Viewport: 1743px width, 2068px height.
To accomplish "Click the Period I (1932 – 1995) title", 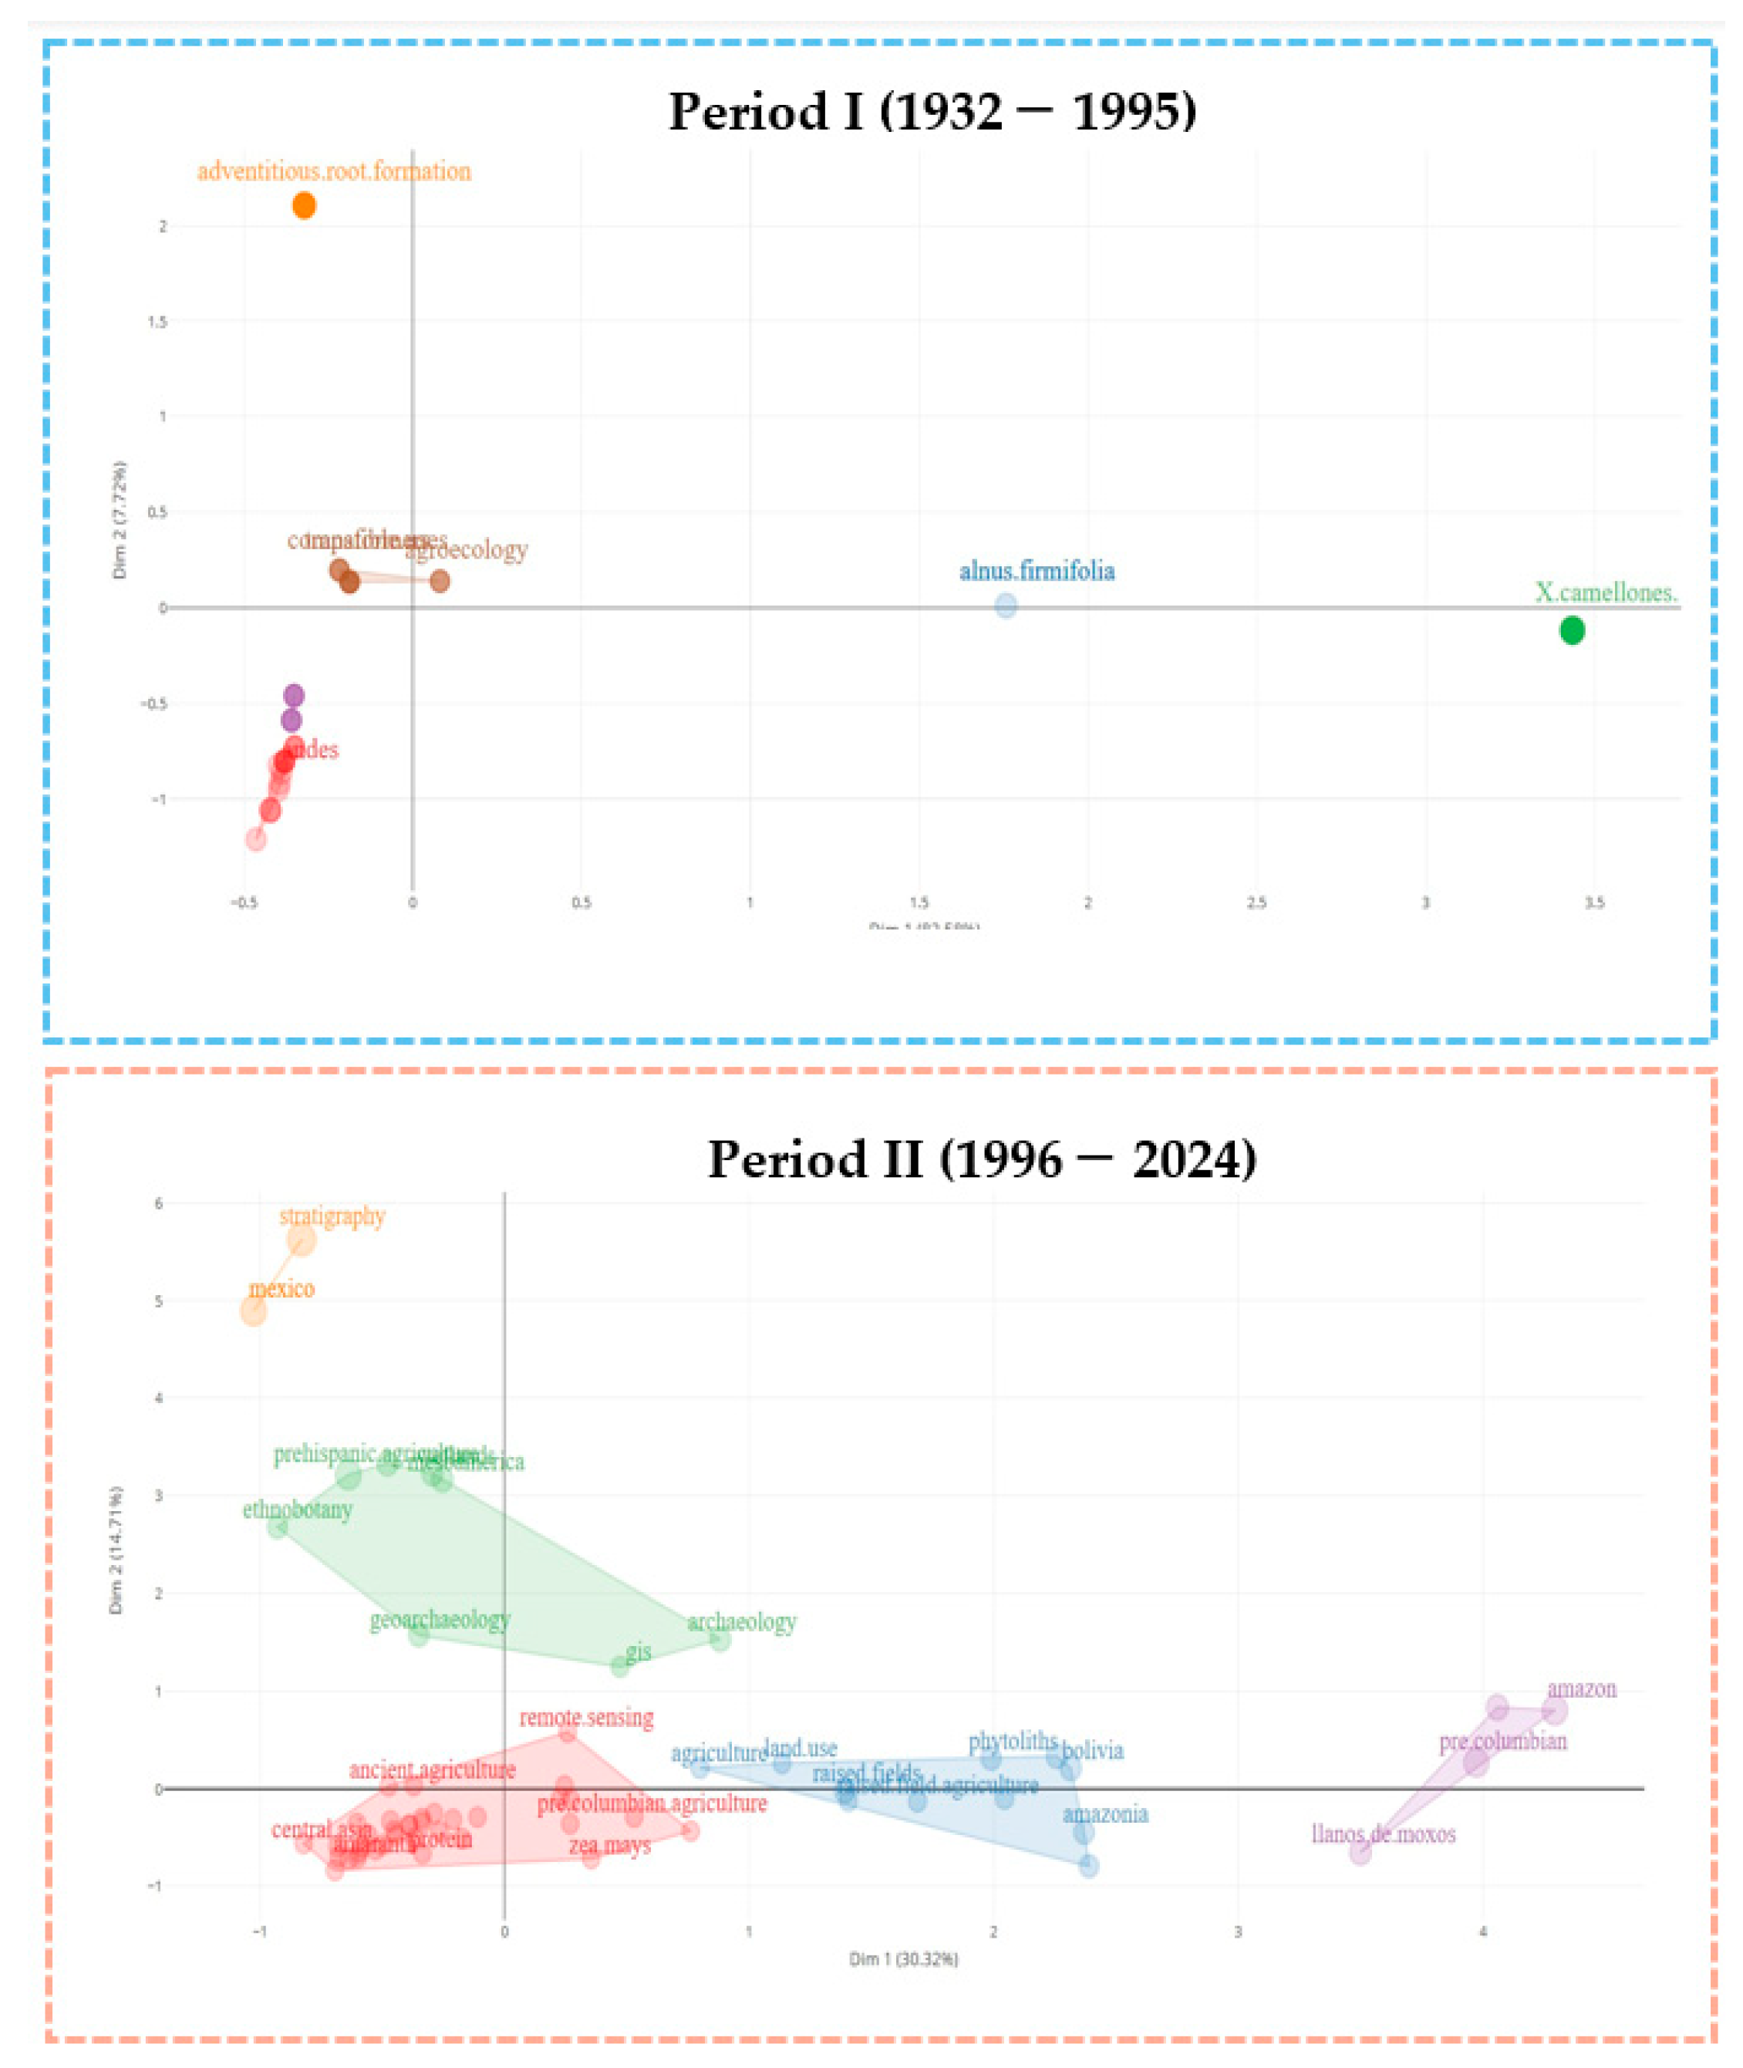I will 932,112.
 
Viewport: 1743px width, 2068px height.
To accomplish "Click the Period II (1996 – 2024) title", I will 981,1159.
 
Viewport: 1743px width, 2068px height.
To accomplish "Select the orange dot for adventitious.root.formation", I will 305,205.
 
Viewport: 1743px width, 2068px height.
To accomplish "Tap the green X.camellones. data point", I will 1571,630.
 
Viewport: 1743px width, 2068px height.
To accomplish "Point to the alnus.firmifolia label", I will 1037,571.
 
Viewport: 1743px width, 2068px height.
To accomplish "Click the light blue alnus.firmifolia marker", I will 1005,606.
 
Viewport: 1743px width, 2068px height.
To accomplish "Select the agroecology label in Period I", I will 467,549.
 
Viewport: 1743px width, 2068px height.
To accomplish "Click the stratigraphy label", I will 332,1216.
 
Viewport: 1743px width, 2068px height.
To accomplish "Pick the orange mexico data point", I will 254,1312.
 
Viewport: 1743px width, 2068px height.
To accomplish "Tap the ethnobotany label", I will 298,1510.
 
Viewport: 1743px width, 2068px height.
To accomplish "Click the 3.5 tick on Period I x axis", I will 1594,902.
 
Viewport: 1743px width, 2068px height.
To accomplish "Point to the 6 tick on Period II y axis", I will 158,1203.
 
